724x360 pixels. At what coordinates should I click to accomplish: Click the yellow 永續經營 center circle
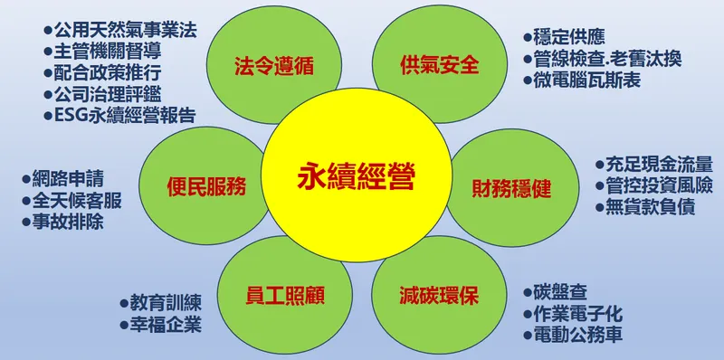tap(357, 177)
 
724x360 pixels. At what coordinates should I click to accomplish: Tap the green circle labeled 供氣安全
tap(439, 65)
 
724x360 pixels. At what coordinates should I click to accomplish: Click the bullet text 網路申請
tap(65, 178)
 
